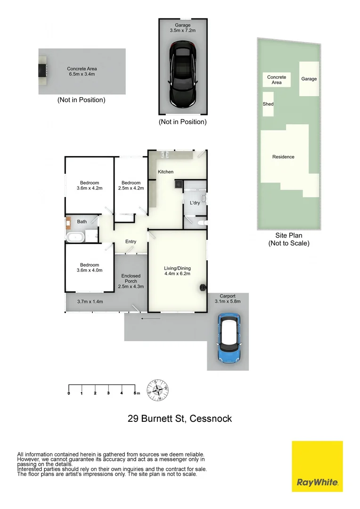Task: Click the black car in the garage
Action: click(183, 73)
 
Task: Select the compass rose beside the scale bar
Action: click(158, 390)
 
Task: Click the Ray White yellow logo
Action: click(317, 466)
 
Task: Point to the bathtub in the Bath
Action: click(75, 237)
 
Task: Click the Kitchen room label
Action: click(165, 172)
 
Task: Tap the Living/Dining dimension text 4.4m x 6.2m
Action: click(178, 274)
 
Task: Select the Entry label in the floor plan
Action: click(131, 242)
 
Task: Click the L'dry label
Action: click(195, 203)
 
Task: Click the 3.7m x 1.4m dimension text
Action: click(90, 302)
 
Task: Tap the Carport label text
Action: click(228, 296)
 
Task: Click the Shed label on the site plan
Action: click(268, 104)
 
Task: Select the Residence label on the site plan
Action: click(283, 157)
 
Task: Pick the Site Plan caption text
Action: click(288, 235)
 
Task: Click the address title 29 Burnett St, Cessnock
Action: click(180, 418)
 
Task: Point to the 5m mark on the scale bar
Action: click(136, 393)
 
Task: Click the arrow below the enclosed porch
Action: click(150, 319)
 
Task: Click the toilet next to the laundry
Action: click(201, 223)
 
